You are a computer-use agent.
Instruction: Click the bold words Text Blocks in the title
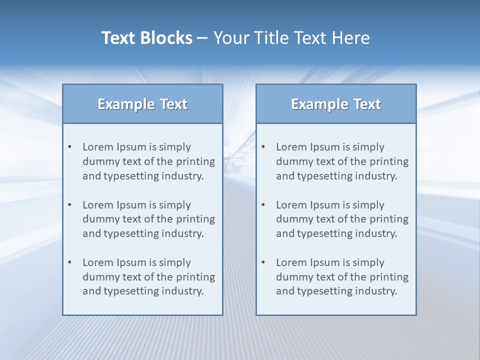[146, 38]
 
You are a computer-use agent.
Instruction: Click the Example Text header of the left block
[142, 104]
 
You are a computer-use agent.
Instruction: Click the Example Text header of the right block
[336, 104]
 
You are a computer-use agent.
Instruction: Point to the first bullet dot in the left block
[70, 147]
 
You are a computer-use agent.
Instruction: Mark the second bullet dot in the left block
[70, 205]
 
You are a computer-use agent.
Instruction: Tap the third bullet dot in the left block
[70, 262]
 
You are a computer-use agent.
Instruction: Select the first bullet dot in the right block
[263, 147]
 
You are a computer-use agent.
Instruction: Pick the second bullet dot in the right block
[263, 205]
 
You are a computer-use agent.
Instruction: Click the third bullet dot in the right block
[263, 262]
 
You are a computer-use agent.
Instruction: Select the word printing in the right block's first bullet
[390, 161]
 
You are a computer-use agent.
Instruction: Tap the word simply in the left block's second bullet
[175, 205]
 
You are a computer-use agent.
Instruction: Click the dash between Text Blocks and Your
[202, 38]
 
